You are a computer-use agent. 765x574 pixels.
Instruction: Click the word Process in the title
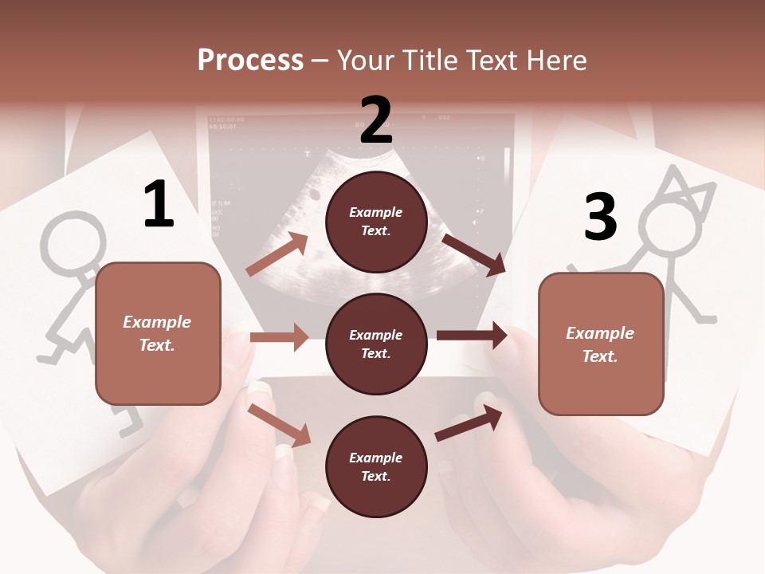[250, 61]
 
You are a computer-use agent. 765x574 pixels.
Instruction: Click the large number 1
[159, 204]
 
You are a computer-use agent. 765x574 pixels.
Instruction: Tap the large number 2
[376, 120]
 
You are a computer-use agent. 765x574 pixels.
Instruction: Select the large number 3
[600, 217]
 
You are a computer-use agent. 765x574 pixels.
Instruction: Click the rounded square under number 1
[158, 333]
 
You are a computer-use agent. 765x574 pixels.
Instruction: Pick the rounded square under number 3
[601, 344]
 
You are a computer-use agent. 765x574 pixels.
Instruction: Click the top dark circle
[376, 222]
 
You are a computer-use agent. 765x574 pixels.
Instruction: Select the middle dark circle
[376, 344]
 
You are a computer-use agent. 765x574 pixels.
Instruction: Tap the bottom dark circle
[376, 466]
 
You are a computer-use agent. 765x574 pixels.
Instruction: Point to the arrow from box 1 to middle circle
[279, 337]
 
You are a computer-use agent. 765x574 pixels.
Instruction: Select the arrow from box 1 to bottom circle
[280, 424]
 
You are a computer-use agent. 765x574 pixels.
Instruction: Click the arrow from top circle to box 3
[474, 254]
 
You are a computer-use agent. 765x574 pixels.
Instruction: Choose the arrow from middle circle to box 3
[472, 335]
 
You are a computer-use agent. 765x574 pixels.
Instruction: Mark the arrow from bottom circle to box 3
[469, 423]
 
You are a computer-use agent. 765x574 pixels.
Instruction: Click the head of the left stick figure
[73, 240]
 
